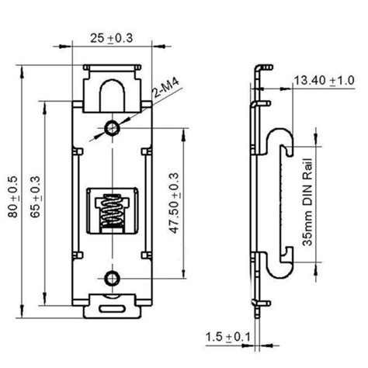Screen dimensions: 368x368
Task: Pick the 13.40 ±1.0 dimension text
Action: point(322,80)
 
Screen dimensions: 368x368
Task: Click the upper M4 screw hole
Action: point(113,127)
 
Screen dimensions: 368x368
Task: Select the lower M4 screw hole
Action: point(113,277)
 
